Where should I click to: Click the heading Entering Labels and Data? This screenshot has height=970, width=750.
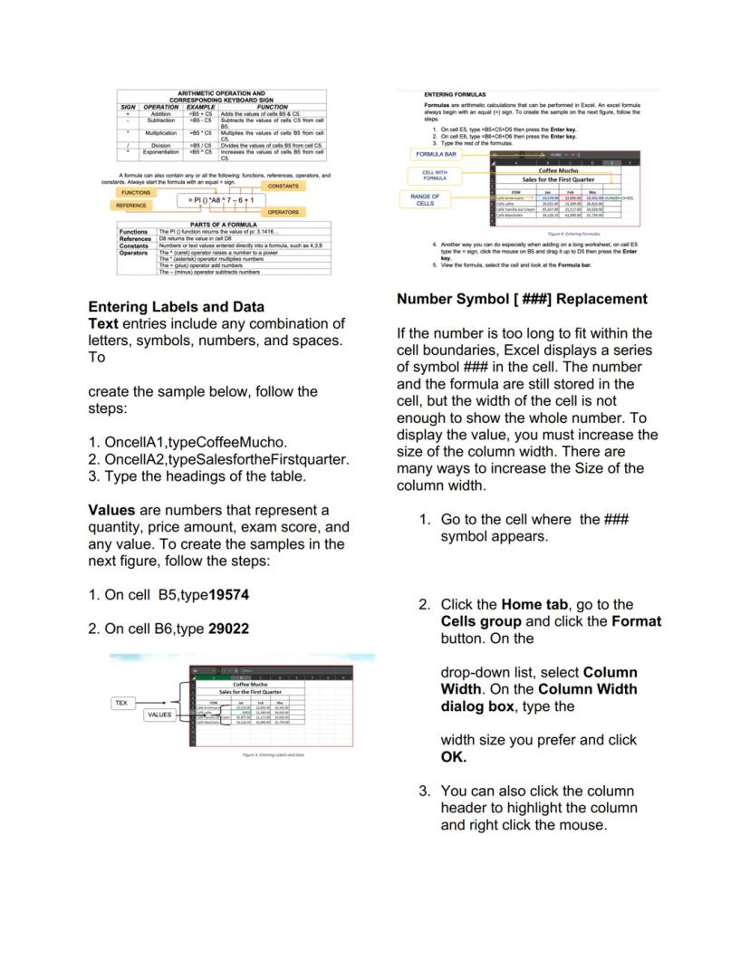point(176,306)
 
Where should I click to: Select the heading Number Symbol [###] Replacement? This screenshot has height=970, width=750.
point(523,299)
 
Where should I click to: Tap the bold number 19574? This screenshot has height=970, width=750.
point(223,595)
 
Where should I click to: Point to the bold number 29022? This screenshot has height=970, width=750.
point(227,629)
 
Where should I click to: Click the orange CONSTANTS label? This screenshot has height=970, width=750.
point(284,186)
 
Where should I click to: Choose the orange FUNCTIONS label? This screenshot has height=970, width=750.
point(136,193)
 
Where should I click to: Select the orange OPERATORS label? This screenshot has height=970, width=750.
point(284,212)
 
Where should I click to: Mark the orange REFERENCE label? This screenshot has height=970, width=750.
point(130,206)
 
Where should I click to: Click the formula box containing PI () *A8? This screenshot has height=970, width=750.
point(221,199)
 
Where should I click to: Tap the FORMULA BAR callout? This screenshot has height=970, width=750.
point(434,154)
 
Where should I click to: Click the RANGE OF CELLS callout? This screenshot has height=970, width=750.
point(425,199)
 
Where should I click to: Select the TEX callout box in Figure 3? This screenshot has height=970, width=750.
point(123,702)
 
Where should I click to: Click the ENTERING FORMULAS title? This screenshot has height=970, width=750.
point(455,94)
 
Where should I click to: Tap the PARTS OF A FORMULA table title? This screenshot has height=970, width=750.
point(220,225)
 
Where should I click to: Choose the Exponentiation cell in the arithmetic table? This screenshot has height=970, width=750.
point(160,152)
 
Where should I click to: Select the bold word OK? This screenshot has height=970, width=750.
point(453,756)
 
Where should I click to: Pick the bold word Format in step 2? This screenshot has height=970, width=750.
point(637,621)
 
